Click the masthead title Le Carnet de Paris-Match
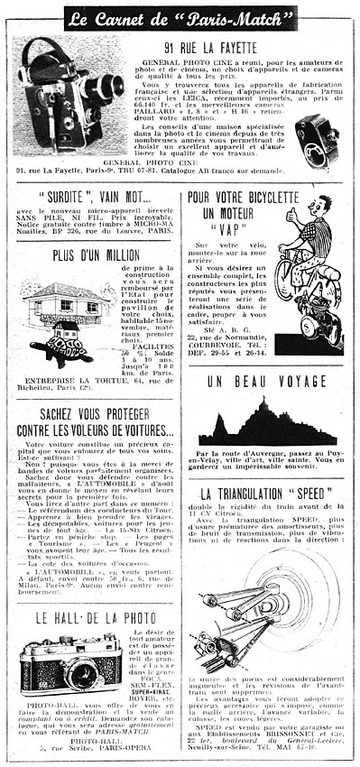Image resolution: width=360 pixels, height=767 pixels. tap(180, 16)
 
